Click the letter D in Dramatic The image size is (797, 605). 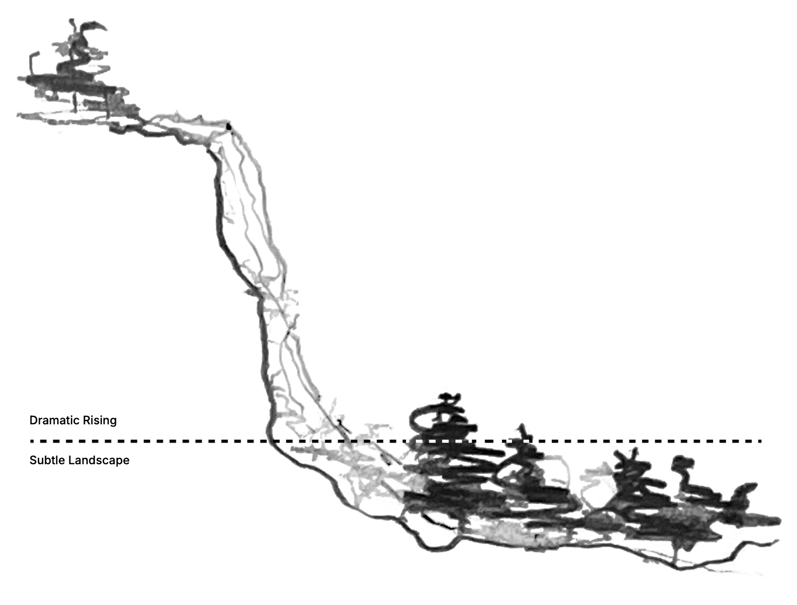pos(33,420)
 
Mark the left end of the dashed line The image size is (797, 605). pos(32,441)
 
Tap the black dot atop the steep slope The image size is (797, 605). pos(228,126)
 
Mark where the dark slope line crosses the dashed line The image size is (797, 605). pos(269,441)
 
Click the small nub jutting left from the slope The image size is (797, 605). pos(246,290)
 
